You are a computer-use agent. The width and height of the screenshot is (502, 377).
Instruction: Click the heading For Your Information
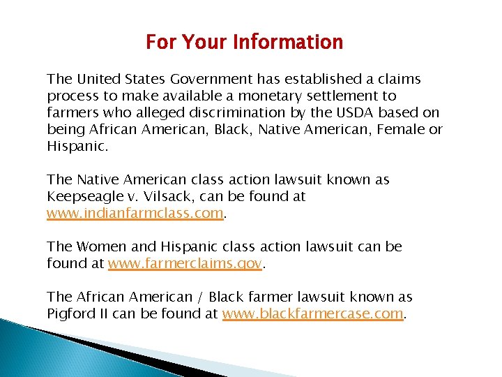[x=244, y=43]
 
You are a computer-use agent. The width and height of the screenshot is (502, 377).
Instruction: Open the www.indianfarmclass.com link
[x=135, y=214]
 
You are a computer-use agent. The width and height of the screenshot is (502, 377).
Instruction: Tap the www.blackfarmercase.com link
[x=312, y=314]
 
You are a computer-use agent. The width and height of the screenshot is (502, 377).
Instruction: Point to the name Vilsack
[x=167, y=197]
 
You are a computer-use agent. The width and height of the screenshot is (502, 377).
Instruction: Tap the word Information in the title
[x=288, y=43]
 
